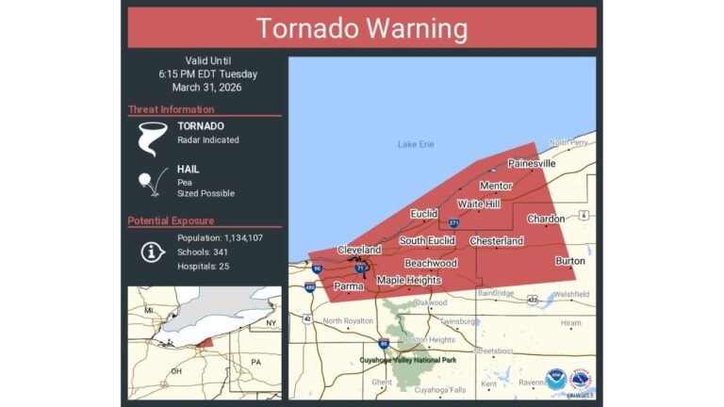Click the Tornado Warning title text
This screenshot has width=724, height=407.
[x=362, y=28]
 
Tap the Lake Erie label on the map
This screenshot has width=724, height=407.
[x=415, y=144]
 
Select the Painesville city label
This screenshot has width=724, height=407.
[x=531, y=163]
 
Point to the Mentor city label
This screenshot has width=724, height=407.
[x=495, y=186]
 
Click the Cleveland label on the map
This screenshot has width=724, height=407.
[x=359, y=250]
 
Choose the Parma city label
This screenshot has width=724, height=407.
[x=349, y=285]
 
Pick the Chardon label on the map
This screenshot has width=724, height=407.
[x=545, y=219]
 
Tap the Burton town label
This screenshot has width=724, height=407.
[x=569, y=261]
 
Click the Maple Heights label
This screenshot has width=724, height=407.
[x=409, y=280]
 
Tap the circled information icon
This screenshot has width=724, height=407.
[x=150, y=252]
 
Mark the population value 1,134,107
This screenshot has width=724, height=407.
[x=236, y=237]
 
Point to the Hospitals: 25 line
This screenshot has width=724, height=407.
[x=203, y=267]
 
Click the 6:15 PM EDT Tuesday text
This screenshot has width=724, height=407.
[x=207, y=73]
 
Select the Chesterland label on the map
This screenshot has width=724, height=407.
[x=496, y=241]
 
